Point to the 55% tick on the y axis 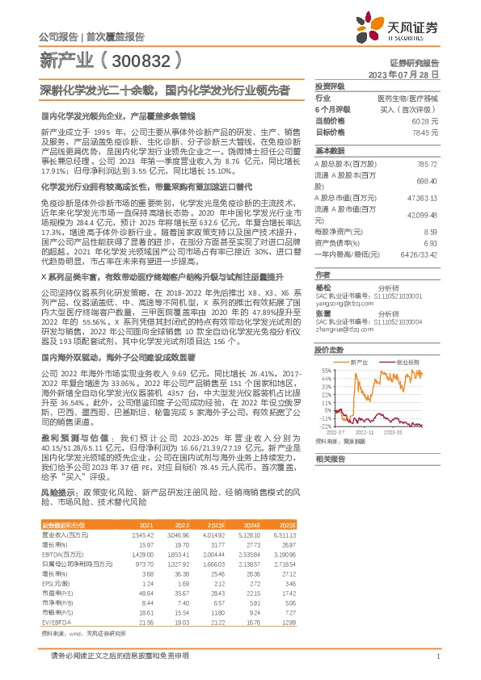pyautogui.click(x=326, y=371)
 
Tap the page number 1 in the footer pyautogui.click(x=437, y=656)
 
